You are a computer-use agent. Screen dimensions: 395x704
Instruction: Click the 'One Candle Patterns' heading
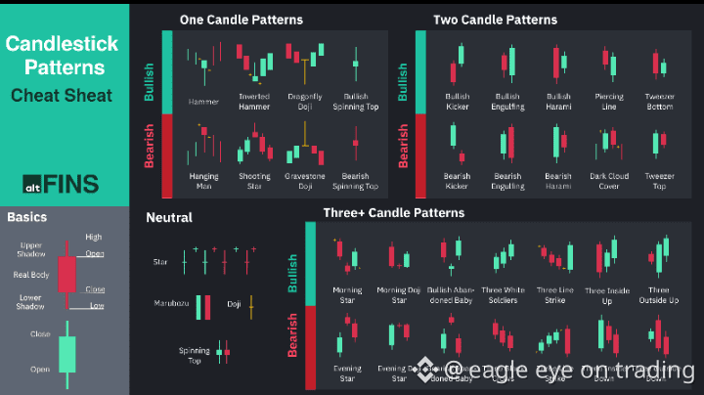click(241, 20)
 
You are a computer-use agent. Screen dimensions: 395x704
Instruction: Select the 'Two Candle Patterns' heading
click(495, 20)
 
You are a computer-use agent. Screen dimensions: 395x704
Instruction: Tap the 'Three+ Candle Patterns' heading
click(393, 212)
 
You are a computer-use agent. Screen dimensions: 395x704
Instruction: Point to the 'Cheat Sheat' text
click(62, 96)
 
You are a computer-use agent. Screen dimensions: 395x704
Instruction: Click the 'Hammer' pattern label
click(202, 101)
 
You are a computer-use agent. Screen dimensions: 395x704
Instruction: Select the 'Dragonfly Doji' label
click(305, 101)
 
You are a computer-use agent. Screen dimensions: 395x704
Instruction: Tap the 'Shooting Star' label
click(255, 181)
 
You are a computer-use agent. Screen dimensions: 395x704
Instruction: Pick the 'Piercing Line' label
click(609, 101)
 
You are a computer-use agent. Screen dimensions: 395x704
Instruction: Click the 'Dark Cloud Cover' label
click(609, 181)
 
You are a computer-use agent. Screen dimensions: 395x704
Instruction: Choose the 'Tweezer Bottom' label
click(660, 101)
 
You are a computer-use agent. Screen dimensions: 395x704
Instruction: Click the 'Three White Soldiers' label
click(502, 294)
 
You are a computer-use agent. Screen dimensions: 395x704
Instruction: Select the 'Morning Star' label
click(347, 294)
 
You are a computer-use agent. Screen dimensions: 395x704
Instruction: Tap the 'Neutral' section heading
click(169, 218)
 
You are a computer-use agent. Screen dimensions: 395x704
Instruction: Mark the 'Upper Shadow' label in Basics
click(31, 250)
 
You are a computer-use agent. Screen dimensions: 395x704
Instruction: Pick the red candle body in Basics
click(66, 275)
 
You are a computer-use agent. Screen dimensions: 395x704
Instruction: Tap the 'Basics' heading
click(28, 217)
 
